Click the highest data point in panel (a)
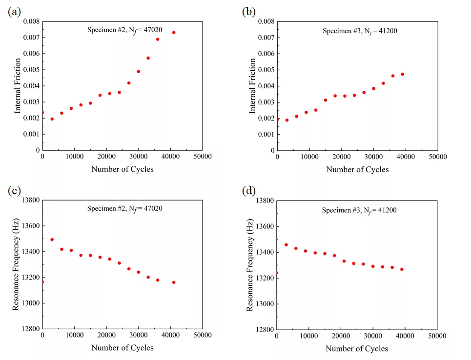[x=173, y=33]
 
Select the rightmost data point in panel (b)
[x=403, y=74]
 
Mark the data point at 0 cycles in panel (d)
[x=277, y=273]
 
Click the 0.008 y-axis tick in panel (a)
[x=29, y=21]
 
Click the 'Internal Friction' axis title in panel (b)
[x=253, y=86]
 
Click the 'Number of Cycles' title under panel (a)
[x=122, y=169]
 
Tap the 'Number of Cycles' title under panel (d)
[x=357, y=348]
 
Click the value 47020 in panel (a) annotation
[x=152, y=30]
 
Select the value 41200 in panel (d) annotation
[x=386, y=210]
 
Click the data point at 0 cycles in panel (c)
[x=42, y=281]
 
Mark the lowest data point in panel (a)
[x=52, y=119]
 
